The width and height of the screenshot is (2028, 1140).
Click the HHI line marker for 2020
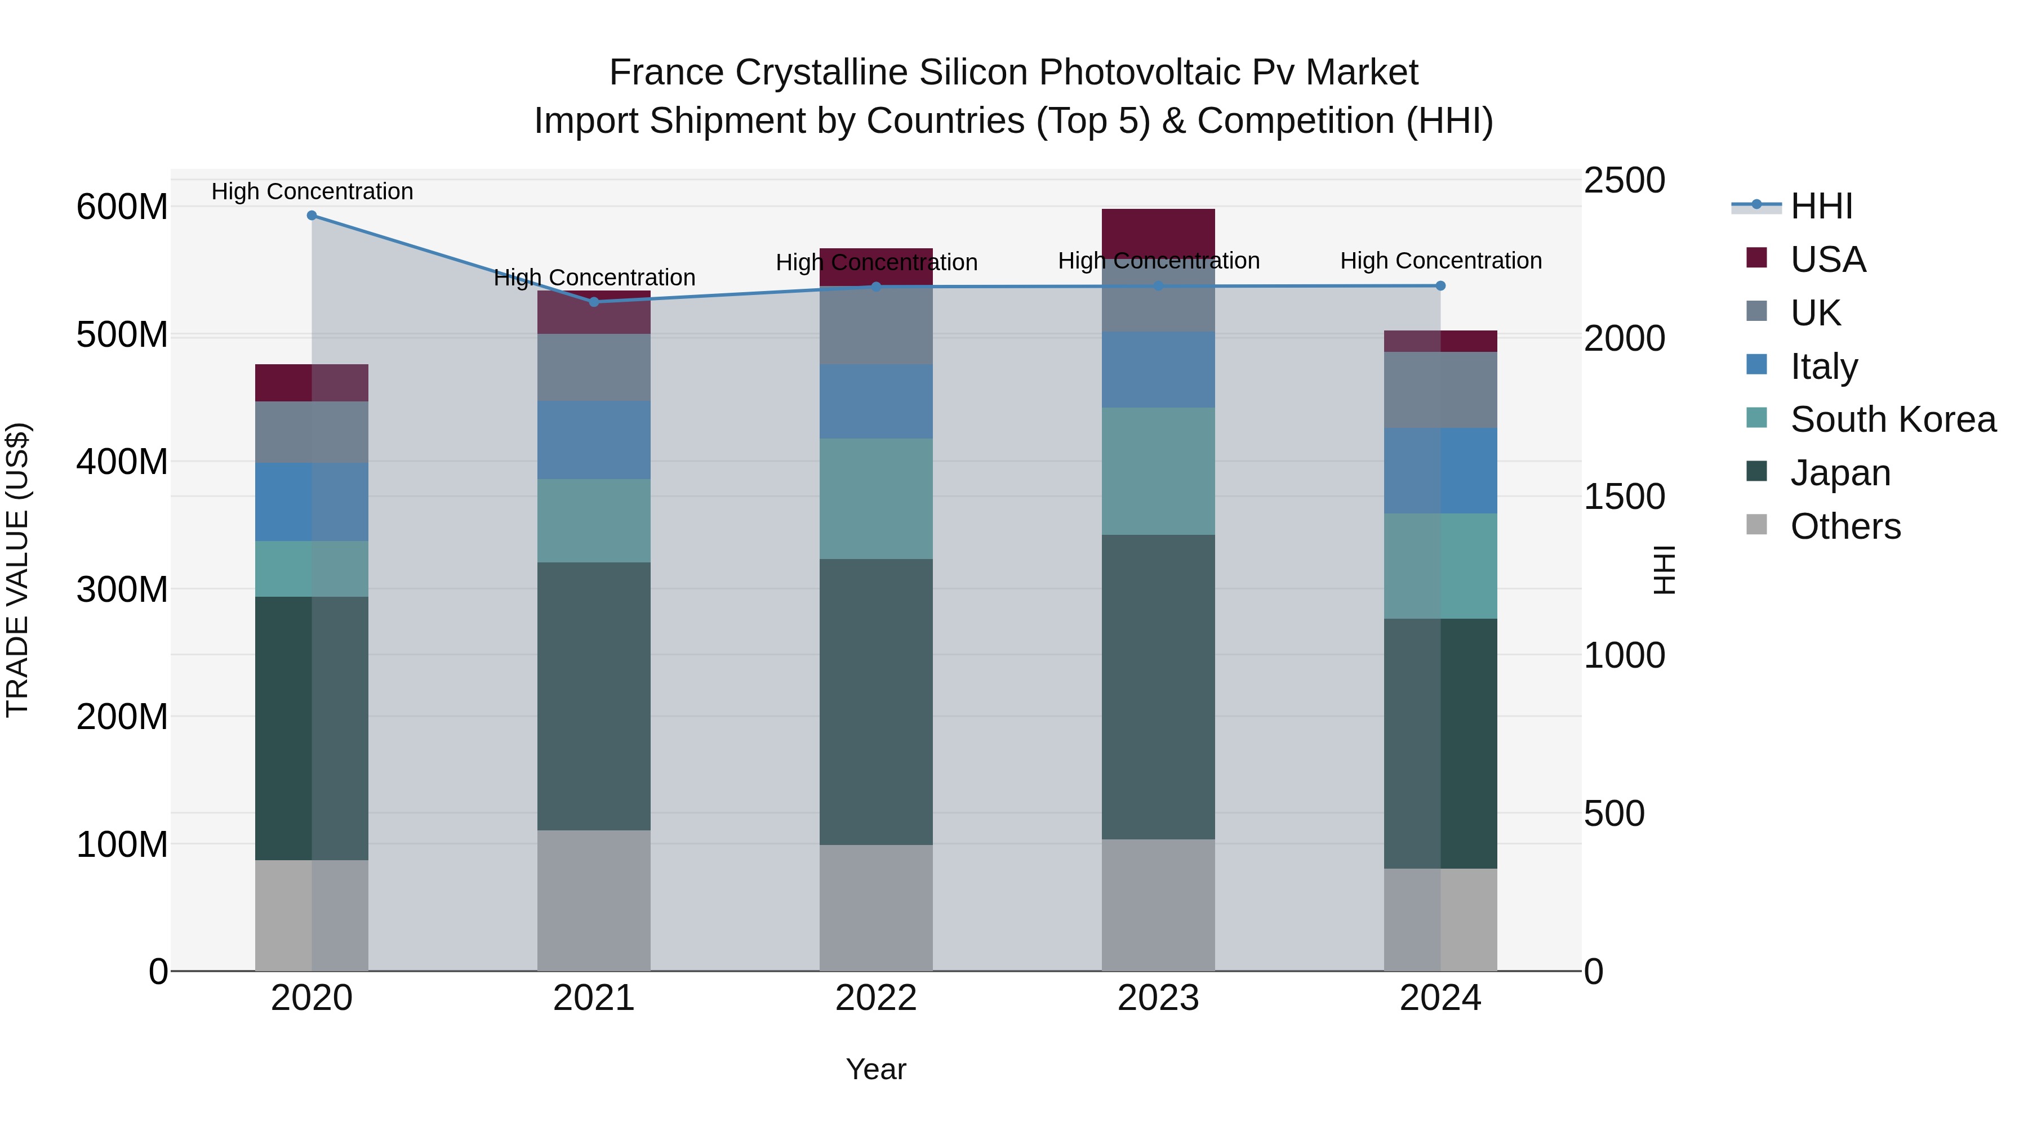[312, 216]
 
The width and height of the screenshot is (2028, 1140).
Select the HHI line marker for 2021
[594, 302]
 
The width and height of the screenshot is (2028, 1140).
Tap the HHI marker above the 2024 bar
[1440, 287]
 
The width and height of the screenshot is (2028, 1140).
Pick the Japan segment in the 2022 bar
[875, 702]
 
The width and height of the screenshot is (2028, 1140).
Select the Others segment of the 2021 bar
[594, 900]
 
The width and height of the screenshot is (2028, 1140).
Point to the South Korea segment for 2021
[594, 521]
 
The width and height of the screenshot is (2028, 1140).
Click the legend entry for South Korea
[1893, 419]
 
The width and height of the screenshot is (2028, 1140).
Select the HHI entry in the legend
[1821, 206]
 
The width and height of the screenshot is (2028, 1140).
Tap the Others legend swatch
[1756, 525]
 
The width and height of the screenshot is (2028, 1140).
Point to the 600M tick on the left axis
[122, 208]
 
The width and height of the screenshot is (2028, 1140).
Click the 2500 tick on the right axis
[1624, 181]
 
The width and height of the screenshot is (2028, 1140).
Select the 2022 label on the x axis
[875, 998]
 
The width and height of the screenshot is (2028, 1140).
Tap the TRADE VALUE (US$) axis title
[17, 570]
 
